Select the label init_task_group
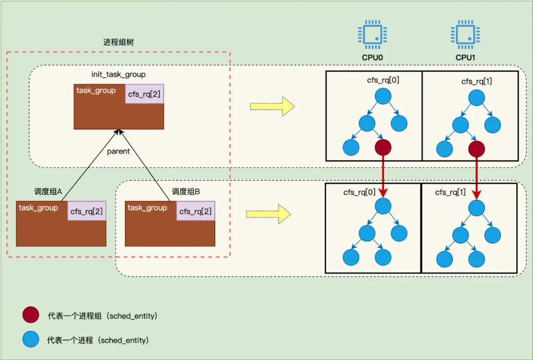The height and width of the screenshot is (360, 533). [x=118, y=75]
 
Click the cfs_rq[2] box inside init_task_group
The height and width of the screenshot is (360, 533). [x=144, y=94]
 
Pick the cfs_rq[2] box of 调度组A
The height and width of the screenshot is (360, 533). [x=86, y=211]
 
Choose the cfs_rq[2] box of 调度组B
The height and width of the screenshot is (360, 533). [x=195, y=211]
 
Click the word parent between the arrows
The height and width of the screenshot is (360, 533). [x=118, y=151]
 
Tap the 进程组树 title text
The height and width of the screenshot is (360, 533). [x=118, y=42]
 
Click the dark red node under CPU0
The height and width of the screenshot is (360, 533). [x=383, y=147]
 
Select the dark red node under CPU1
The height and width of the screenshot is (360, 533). [x=476, y=148]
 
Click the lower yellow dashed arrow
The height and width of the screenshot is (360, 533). [x=268, y=214]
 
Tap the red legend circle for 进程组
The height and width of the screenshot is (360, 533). [x=31, y=315]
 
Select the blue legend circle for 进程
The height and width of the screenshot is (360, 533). [x=31, y=340]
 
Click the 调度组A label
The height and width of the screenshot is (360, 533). [x=47, y=192]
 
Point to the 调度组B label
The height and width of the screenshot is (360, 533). [x=186, y=192]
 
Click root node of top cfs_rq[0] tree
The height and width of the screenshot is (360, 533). [x=383, y=96]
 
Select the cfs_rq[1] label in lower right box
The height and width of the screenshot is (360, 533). [x=450, y=193]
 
